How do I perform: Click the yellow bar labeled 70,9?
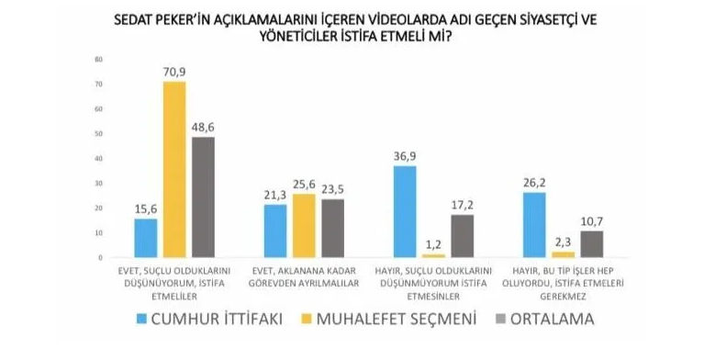(x=174, y=170)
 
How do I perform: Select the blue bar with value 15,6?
(x=146, y=238)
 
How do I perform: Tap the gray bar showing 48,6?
(x=204, y=197)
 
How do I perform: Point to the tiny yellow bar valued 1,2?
(x=433, y=255)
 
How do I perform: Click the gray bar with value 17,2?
(x=463, y=236)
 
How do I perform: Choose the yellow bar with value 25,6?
(x=304, y=226)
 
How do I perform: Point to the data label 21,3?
(x=275, y=195)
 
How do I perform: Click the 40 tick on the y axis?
(x=97, y=159)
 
